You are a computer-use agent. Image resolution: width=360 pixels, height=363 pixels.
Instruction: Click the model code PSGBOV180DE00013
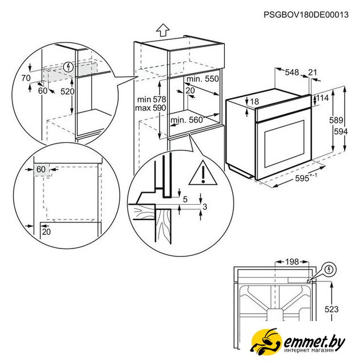(306, 15)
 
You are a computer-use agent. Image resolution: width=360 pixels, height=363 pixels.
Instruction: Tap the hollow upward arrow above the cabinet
(163, 30)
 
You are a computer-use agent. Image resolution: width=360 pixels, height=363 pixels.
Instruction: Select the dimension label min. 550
(203, 79)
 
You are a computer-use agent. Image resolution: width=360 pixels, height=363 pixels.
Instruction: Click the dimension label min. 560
(187, 120)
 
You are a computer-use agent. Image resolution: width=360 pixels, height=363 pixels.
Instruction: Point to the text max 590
(150, 108)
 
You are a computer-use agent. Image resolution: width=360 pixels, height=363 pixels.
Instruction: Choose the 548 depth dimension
(292, 73)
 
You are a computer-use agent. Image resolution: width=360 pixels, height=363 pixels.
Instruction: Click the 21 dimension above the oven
(312, 73)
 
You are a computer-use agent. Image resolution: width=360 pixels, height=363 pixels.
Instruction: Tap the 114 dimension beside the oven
(323, 98)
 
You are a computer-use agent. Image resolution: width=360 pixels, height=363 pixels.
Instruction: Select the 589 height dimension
(336, 120)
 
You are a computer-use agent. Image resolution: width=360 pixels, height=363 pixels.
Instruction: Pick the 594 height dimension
(341, 132)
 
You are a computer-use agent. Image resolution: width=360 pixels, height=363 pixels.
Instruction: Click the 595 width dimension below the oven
(306, 178)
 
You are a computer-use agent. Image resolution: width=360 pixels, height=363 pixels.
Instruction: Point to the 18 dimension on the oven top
(254, 102)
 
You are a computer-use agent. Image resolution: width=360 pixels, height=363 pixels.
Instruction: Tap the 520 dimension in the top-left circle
(68, 92)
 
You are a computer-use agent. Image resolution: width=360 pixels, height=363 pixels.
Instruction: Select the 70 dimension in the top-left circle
(26, 78)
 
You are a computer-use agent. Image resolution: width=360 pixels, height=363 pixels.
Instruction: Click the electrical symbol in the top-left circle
(68, 67)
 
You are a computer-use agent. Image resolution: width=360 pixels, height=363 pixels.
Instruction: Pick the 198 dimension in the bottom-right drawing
(292, 262)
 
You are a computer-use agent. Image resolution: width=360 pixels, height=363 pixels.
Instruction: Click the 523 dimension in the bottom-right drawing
(332, 309)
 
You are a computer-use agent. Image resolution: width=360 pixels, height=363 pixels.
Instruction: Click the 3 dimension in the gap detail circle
(204, 206)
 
